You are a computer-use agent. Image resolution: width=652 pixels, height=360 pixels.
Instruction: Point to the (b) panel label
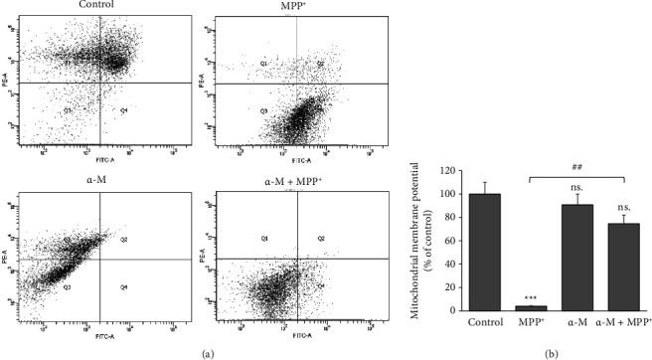[541, 352]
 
